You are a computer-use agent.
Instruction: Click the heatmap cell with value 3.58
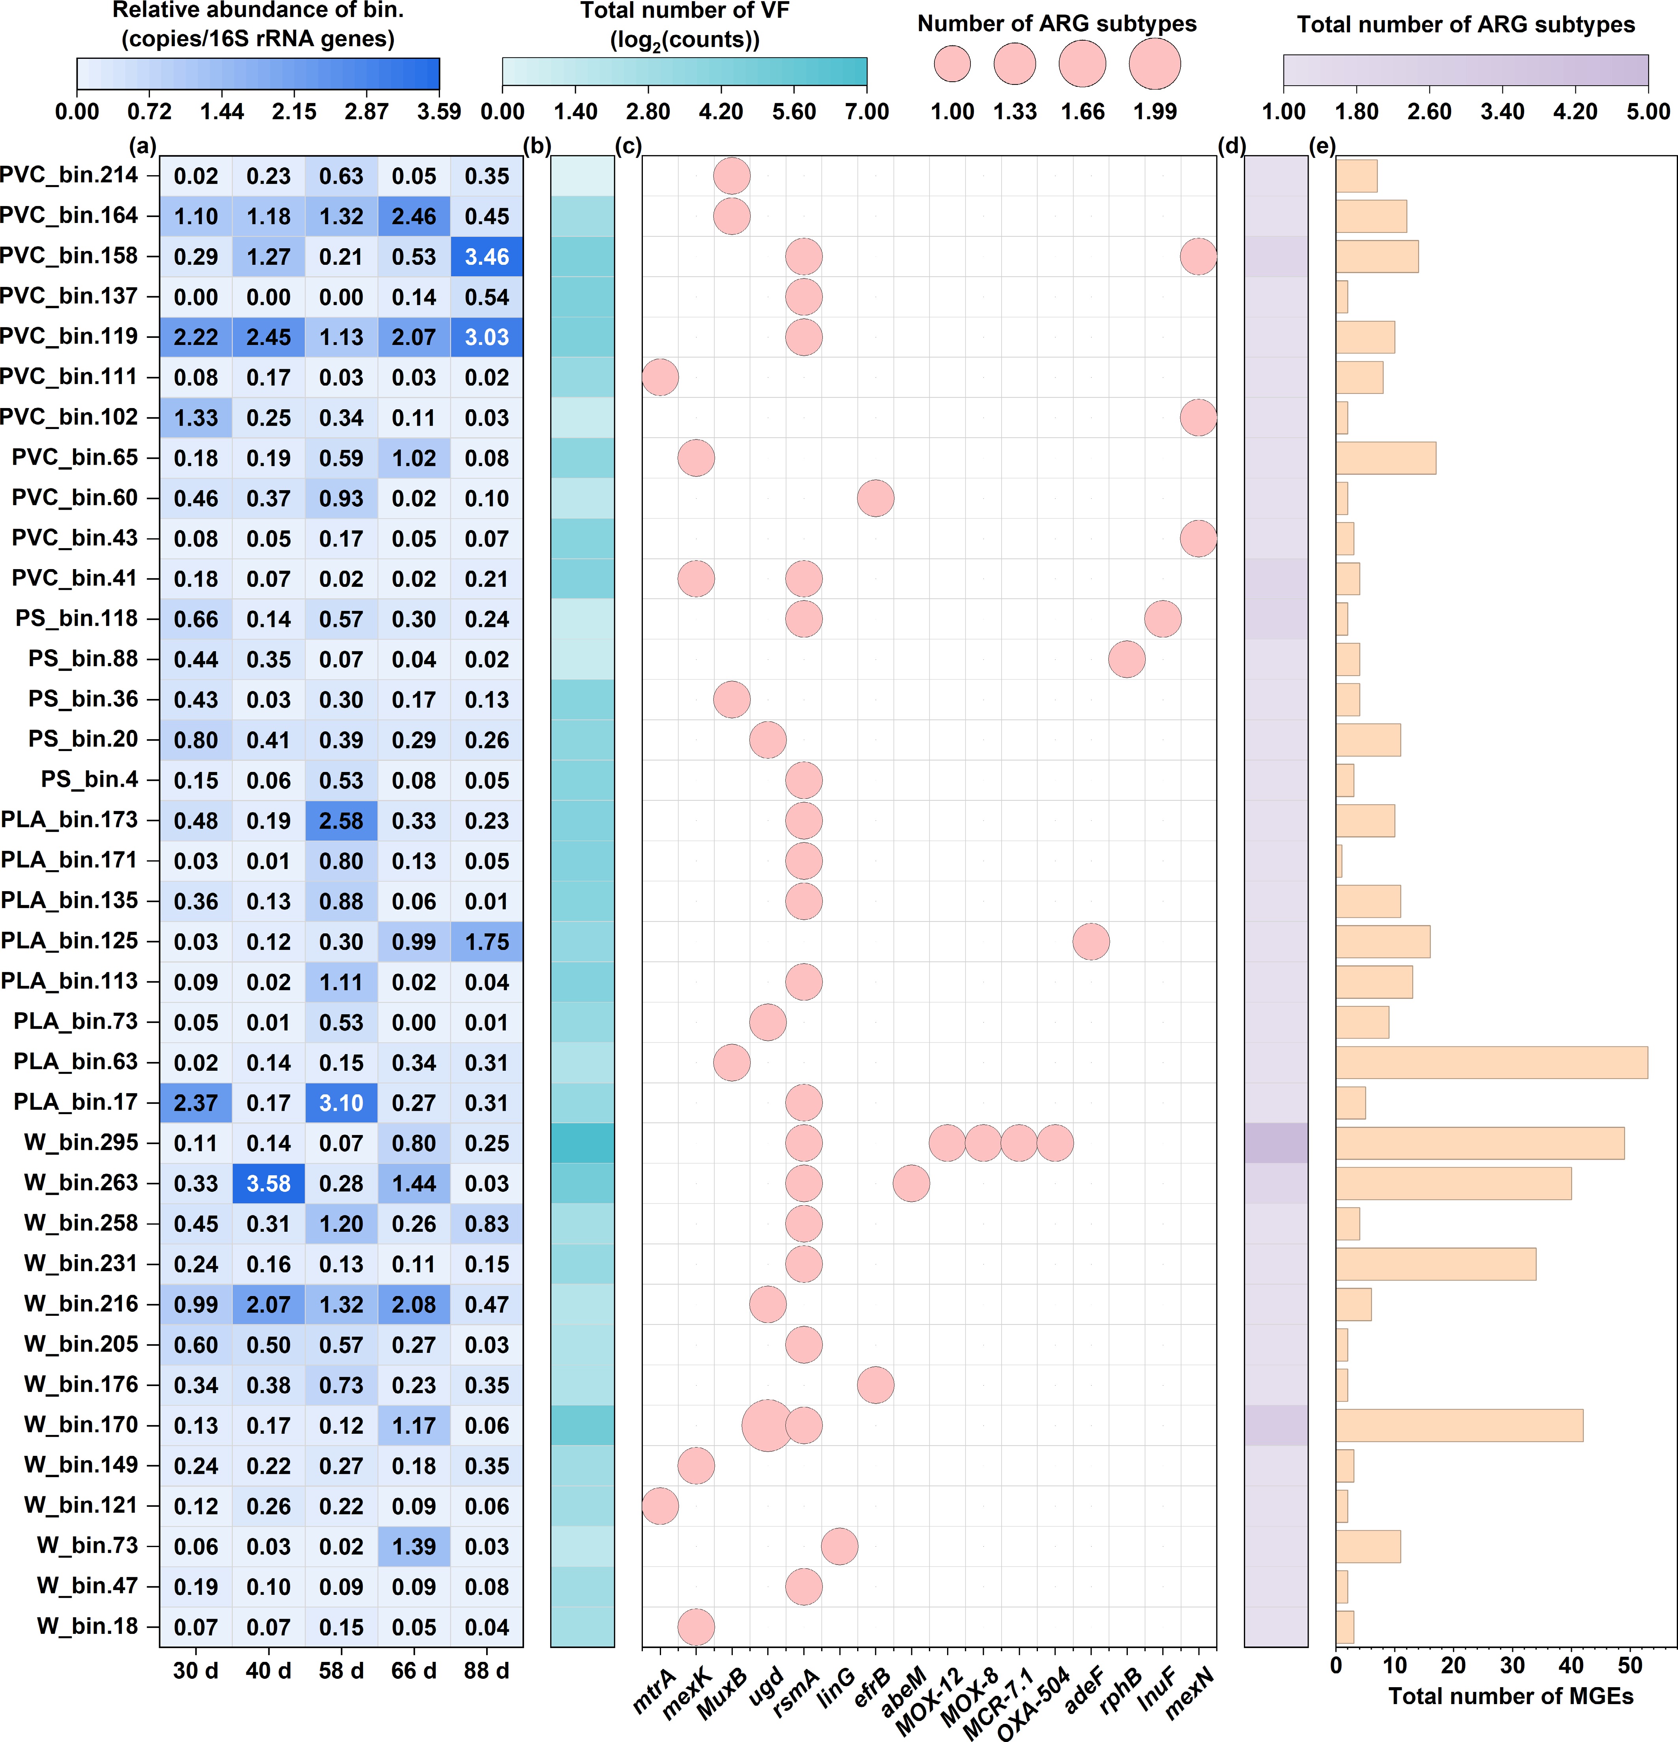[x=268, y=1183]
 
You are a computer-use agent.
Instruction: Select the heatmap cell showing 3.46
[x=487, y=257]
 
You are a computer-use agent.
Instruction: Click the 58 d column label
[x=341, y=1671]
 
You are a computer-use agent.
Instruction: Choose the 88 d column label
[x=487, y=1671]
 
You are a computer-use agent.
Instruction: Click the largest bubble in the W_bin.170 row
[x=767, y=1425]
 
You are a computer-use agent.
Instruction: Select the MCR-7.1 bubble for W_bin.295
[x=1019, y=1143]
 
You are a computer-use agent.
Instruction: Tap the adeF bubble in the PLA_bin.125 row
[x=1090, y=941]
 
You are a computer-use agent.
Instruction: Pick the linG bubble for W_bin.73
[x=839, y=1547]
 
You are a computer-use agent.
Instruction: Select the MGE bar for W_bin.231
[x=1435, y=1264]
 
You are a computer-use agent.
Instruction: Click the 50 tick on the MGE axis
[x=1630, y=1665]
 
